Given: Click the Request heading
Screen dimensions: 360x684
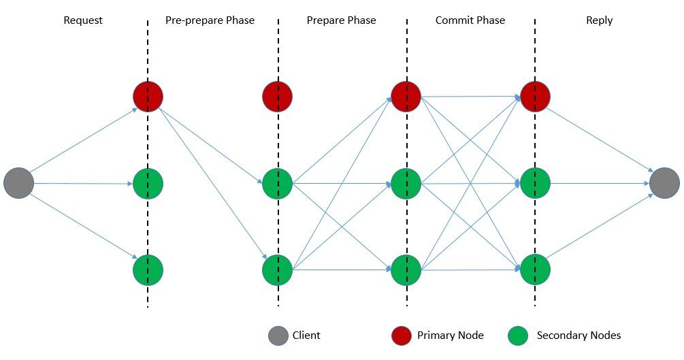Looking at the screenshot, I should point(83,20).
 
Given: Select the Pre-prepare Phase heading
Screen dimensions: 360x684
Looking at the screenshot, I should point(210,20).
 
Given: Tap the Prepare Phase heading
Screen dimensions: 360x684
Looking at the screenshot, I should point(341,20).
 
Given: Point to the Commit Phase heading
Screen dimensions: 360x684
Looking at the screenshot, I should point(470,20).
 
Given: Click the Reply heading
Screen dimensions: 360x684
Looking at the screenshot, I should point(599,20).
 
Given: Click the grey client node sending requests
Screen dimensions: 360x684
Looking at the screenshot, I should point(19,183).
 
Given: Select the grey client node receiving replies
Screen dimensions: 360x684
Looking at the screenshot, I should point(664,183).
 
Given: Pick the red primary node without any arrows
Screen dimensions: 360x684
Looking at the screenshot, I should point(277,97).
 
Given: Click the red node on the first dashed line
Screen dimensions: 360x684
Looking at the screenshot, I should point(148,97).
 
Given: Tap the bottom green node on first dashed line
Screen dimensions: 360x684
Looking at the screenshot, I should point(148,270).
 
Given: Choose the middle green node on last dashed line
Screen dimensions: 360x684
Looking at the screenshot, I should point(535,183).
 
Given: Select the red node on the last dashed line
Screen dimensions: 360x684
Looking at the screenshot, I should point(535,97).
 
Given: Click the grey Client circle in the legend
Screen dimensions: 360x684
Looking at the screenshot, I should point(278,336).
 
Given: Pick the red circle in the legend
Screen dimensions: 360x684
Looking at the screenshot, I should point(402,336).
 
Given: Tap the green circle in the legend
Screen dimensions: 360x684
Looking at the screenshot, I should point(518,336).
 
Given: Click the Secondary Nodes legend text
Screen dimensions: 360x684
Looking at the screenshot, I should point(579,336).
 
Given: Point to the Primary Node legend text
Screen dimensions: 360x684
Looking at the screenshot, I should point(450,336).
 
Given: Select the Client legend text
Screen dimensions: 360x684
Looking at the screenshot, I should point(306,336).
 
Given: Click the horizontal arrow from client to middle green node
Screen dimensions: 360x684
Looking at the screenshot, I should point(82,184).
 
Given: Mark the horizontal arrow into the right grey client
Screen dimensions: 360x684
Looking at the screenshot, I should point(599,183).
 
